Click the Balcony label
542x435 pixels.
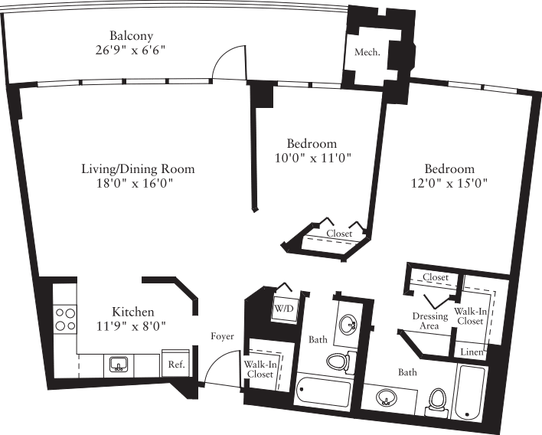click(x=132, y=36)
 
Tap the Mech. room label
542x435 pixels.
click(x=367, y=53)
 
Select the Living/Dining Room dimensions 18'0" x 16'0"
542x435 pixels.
click(x=138, y=184)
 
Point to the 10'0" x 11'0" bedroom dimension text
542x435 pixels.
click(x=312, y=159)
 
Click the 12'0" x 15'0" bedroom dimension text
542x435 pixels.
click(x=449, y=184)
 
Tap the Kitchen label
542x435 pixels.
click(x=133, y=312)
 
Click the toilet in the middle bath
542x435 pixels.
click(x=338, y=361)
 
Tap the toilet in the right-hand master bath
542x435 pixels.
click(x=437, y=401)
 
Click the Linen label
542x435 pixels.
click(x=470, y=352)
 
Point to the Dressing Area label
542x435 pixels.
click(x=430, y=321)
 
